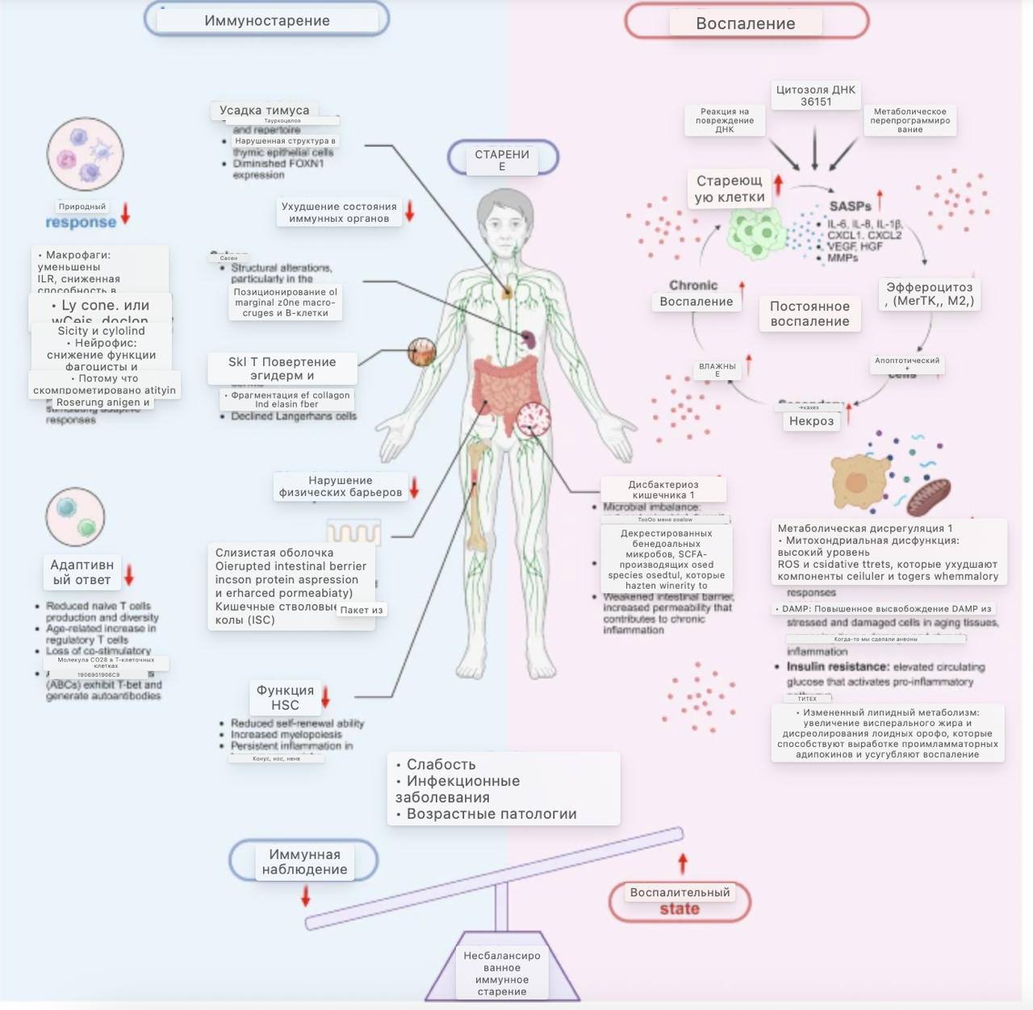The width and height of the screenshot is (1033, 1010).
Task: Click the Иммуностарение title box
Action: (x=266, y=20)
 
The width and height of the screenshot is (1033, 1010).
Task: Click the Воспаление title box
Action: (x=746, y=23)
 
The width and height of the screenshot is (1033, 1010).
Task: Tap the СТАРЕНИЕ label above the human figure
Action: (x=502, y=159)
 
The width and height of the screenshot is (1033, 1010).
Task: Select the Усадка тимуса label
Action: (x=264, y=111)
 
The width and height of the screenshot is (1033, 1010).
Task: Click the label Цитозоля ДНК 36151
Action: (x=815, y=95)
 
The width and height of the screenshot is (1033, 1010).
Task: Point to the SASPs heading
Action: (x=850, y=207)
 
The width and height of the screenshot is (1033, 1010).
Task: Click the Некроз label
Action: (x=811, y=421)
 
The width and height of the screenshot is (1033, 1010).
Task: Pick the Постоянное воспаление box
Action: (x=809, y=314)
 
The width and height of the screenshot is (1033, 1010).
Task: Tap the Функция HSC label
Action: (x=285, y=698)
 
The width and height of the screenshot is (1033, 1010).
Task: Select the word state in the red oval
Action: (x=680, y=909)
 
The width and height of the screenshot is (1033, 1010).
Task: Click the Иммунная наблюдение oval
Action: (x=304, y=862)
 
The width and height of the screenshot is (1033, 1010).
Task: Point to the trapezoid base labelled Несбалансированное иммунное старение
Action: (x=502, y=973)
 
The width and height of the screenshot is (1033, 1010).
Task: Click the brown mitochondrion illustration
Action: (x=928, y=496)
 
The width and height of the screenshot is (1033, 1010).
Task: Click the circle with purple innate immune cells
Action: (x=85, y=155)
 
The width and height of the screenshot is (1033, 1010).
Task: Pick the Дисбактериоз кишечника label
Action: (x=663, y=490)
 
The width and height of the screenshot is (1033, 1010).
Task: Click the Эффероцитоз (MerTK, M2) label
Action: (x=929, y=294)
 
